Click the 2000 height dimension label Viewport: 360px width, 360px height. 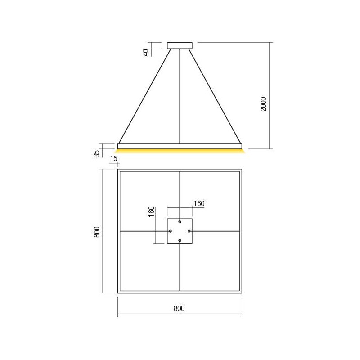pyautogui.click(x=264, y=104)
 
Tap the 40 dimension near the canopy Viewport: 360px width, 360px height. pyautogui.click(x=145, y=52)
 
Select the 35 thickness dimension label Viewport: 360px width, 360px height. pyautogui.click(x=96, y=153)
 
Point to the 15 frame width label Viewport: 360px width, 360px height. pyautogui.click(x=113, y=159)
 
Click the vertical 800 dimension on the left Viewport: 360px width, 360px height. pyautogui.click(x=96, y=232)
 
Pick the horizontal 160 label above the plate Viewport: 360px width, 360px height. pyautogui.click(x=198, y=203)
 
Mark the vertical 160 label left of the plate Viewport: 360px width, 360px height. pyautogui.click(x=151, y=211)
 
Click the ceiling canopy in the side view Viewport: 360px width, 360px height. pyautogui.click(x=180, y=45)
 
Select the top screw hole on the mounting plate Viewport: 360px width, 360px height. pyautogui.click(x=180, y=221)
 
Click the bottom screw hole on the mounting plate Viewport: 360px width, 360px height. pyautogui.click(x=180, y=241)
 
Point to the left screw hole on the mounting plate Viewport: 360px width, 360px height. pyautogui.click(x=170, y=231)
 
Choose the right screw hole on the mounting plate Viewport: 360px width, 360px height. pyautogui.click(x=189, y=231)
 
